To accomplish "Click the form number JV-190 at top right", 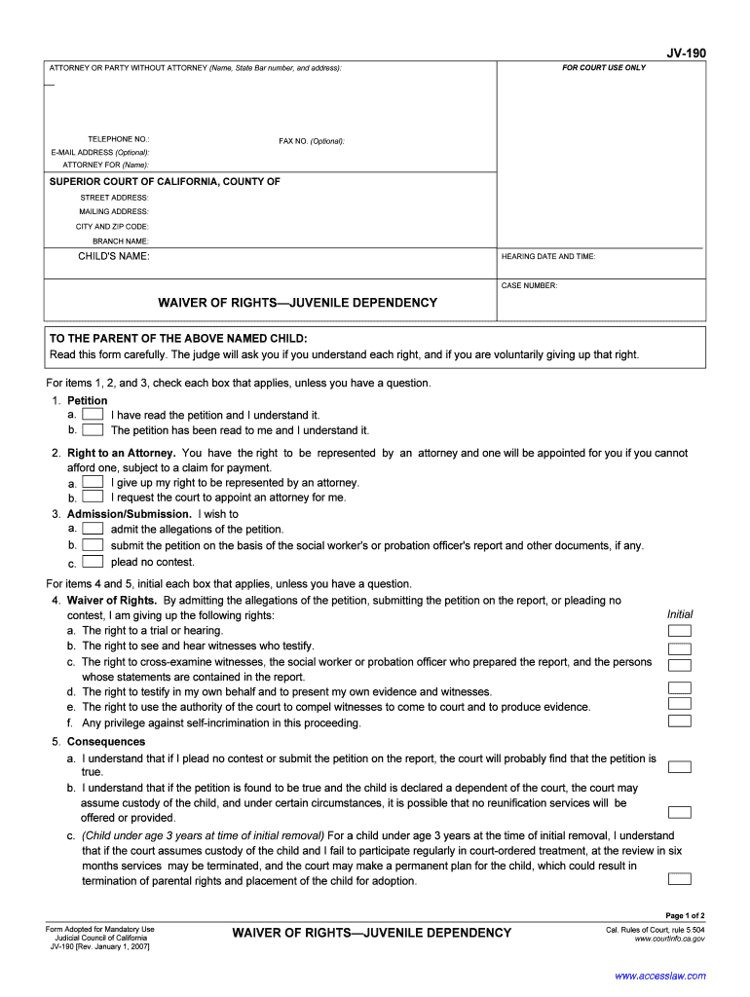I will pos(686,54).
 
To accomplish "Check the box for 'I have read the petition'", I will pos(93,415).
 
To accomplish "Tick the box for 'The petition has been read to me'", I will pos(93,429).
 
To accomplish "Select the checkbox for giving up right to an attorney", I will pos(93,482).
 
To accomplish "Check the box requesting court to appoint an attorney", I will pos(93,497).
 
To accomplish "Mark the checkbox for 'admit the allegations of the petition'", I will pos(93,529).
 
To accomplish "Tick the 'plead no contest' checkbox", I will pos(93,562).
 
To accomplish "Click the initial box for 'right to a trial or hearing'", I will pos(680,631).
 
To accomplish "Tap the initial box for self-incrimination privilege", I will pos(680,721).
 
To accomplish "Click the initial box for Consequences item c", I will pos(680,879).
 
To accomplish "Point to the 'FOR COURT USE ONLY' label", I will pos(603,68).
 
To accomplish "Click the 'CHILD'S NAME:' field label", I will pos(114,256).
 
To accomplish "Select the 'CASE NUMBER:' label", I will pos(529,286).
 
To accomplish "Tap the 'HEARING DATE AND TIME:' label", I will pos(548,257).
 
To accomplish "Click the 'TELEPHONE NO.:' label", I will pos(119,140).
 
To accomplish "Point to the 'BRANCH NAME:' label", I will pos(121,240).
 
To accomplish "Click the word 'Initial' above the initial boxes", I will pos(680,614).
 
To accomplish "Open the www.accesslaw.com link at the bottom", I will pos(660,976).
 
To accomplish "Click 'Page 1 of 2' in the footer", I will pos(685,915).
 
